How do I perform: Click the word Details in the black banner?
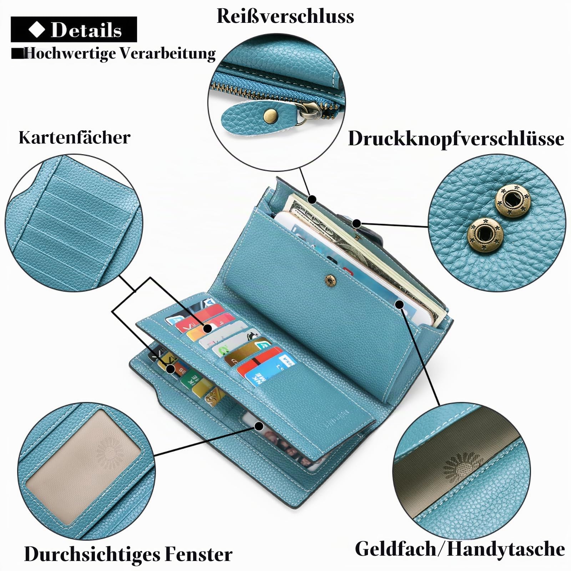86,30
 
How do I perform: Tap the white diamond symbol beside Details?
36,29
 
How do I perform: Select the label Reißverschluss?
285,16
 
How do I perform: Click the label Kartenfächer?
75,137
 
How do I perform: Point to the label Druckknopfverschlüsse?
456,138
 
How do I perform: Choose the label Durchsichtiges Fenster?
128,554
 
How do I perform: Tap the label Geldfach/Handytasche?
460,549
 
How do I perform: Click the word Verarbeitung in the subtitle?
167,54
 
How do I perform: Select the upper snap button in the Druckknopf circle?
512,200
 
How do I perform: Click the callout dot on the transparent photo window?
259,426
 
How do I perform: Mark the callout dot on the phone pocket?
400,304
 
